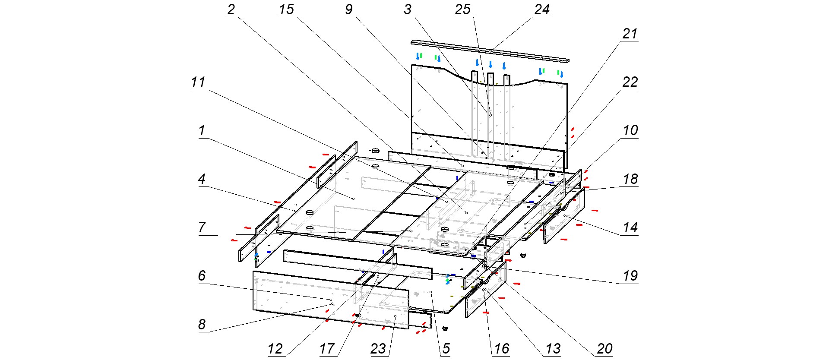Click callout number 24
click(542, 9)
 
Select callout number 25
click(462, 9)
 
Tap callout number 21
click(630, 34)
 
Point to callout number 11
click(198, 82)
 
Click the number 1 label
click(202, 130)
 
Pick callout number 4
click(202, 179)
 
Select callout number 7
click(202, 227)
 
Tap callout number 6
click(202, 276)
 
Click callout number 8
click(202, 325)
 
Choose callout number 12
click(275, 349)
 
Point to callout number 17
click(327, 349)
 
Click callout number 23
click(378, 349)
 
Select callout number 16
click(501, 349)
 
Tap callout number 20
click(604, 349)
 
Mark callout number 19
click(630, 276)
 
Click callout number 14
click(630, 227)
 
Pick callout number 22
click(630, 82)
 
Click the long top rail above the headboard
click(490, 51)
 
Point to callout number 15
click(286, 9)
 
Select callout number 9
click(349, 9)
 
